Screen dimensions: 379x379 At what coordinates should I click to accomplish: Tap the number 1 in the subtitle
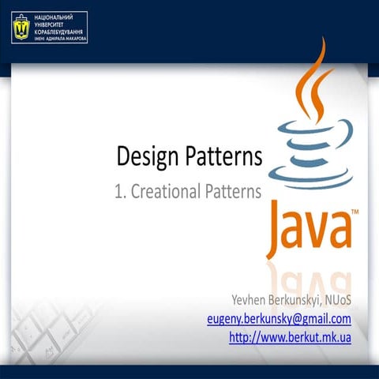(119, 192)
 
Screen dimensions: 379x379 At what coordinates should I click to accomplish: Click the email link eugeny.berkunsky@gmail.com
(278, 319)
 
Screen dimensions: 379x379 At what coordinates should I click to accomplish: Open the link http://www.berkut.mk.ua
(289, 337)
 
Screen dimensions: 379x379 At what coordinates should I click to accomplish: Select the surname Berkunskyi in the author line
(297, 300)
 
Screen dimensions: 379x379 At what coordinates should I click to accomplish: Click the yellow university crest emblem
(20, 28)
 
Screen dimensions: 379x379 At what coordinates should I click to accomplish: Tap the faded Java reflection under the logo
(308, 272)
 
